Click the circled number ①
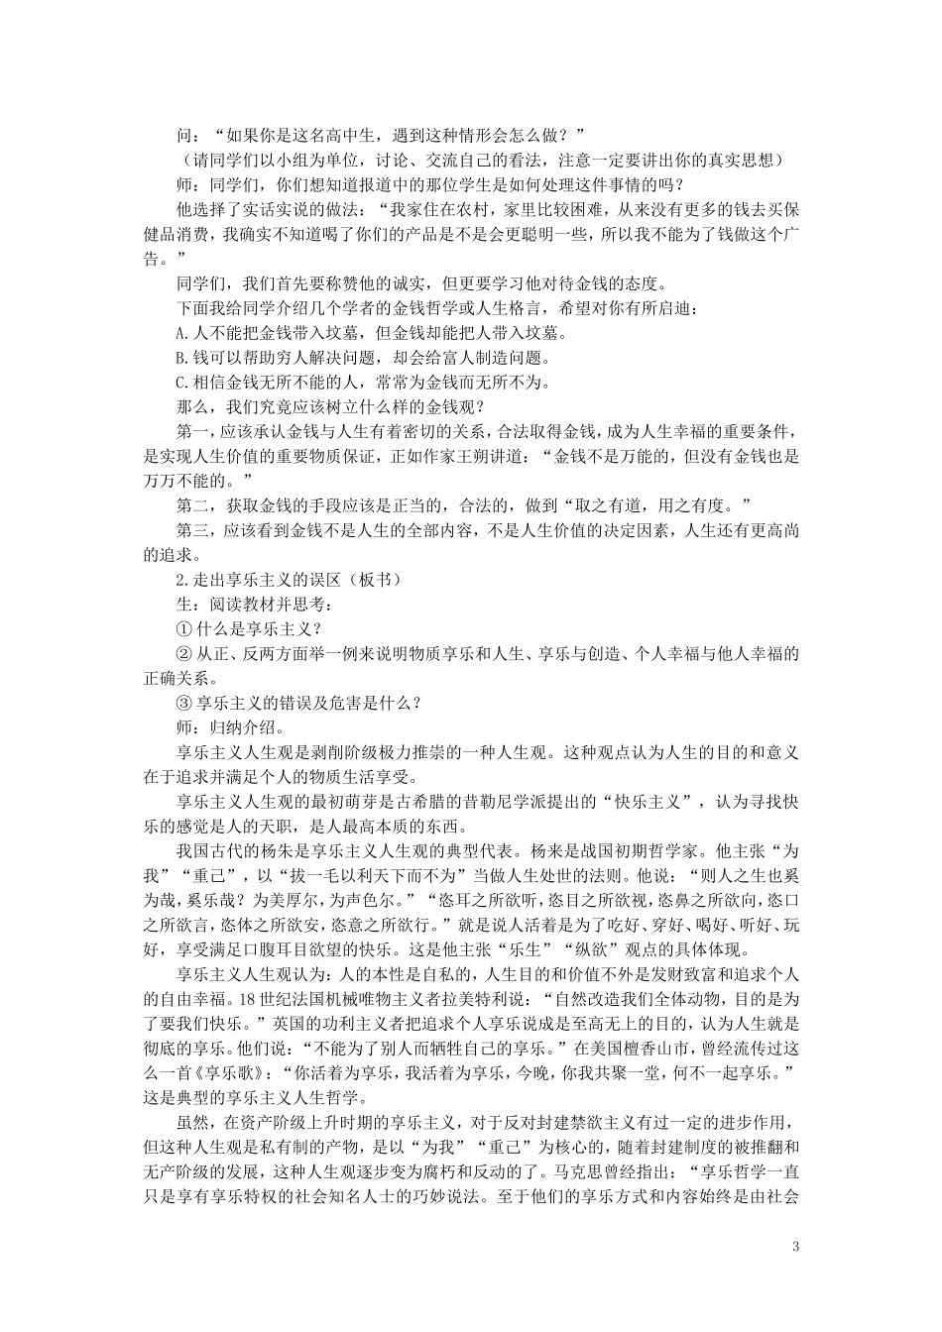pos(181,628)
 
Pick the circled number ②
pos(181,653)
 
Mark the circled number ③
pos(181,703)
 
